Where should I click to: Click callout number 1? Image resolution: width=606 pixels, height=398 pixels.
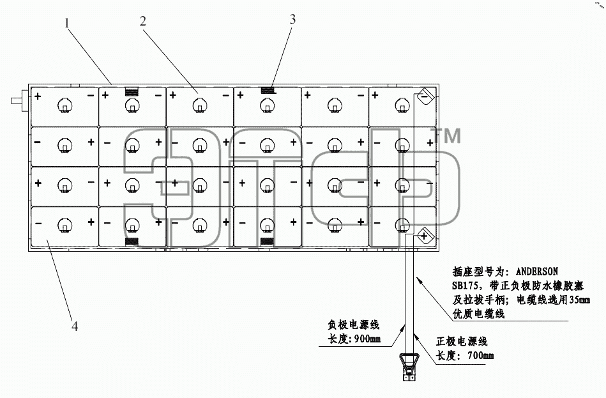click(x=67, y=23)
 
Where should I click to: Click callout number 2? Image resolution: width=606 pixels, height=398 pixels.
click(x=143, y=21)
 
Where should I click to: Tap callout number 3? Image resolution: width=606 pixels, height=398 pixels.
click(x=292, y=19)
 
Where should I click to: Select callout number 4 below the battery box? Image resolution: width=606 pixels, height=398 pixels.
click(x=75, y=326)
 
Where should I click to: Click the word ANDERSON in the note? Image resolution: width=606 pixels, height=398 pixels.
click(x=537, y=272)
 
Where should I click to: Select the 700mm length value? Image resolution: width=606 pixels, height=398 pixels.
click(x=480, y=355)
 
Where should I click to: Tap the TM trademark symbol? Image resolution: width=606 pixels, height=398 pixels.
click(x=446, y=136)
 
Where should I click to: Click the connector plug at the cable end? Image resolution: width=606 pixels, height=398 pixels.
click(x=409, y=367)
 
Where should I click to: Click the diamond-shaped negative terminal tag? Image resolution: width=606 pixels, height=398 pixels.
click(x=425, y=96)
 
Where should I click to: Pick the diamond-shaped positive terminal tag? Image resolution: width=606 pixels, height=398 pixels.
click(x=425, y=236)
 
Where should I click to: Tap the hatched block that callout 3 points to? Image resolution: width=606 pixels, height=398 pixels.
click(x=268, y=91)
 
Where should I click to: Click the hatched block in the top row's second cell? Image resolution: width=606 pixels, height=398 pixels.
click(x=132, y=91)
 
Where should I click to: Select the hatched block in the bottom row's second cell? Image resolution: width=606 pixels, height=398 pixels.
click(x=132, y=241)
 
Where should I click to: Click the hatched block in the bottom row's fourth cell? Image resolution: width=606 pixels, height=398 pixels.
click(x=267, y=241)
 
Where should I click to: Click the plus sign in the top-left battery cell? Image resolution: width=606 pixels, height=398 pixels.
click(x=38, y=96)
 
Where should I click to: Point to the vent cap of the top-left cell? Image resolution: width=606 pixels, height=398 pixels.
click(x=65, y=106)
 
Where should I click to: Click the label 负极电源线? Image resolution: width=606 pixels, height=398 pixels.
click(x=354, y=325)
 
